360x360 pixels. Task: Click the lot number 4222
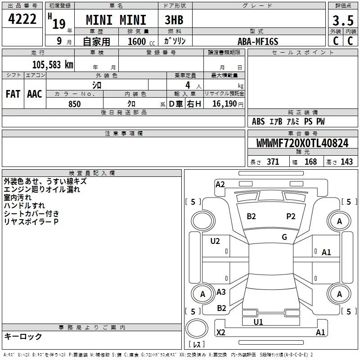click(22, 19)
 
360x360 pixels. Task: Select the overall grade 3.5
click(343, 21)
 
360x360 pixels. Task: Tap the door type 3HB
click(174, 20)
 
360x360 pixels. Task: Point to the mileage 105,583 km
click(53, 65)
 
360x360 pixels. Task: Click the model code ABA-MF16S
click(258, 41)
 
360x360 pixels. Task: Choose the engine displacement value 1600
click(137, 41)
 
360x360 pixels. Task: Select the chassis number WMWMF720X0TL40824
click(302, 143)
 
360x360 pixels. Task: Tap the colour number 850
click(74, 104)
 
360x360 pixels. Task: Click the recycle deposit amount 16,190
click(225, 104)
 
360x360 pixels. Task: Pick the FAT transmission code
click(13, 94)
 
